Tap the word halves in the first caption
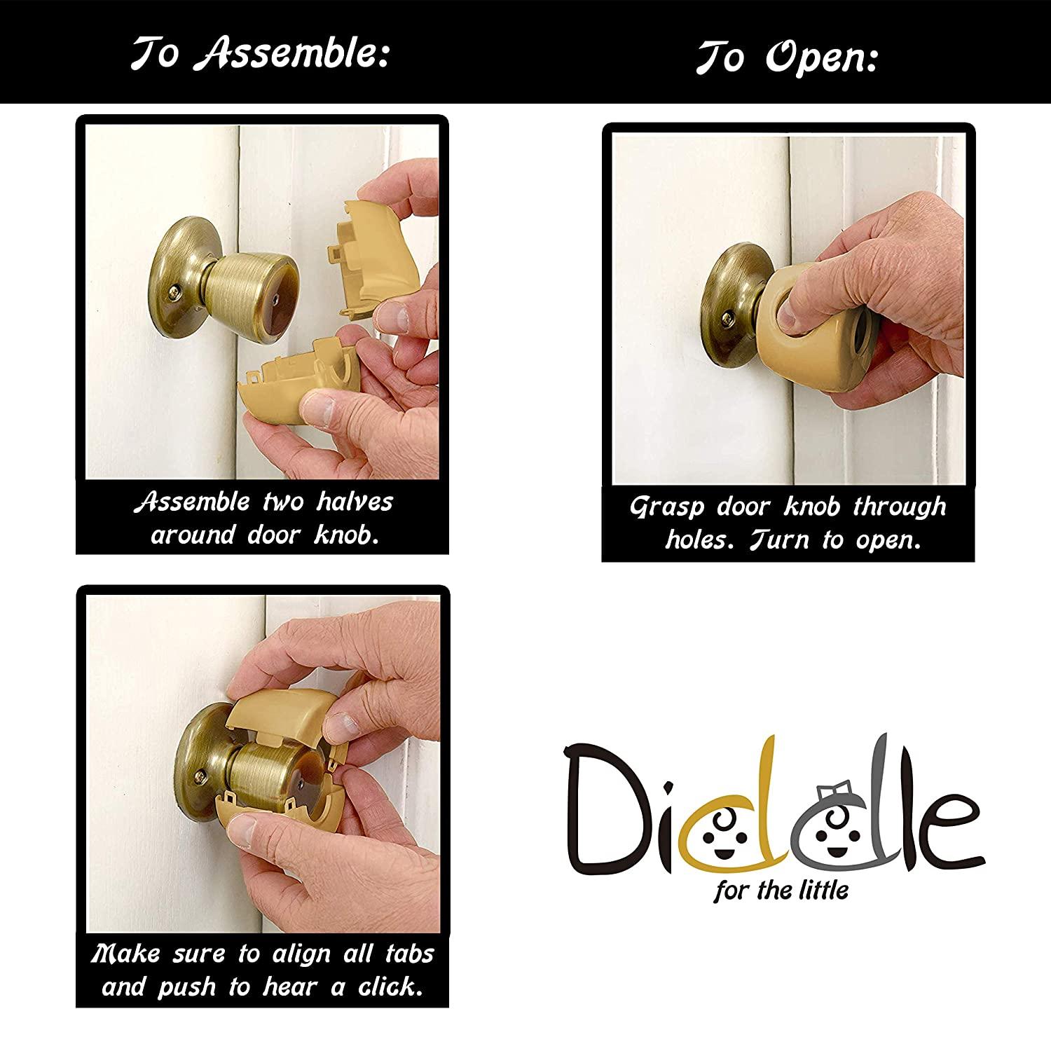[x=355, y=502]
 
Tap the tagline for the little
[x=781, y=891]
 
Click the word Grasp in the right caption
[x=666, y=507]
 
